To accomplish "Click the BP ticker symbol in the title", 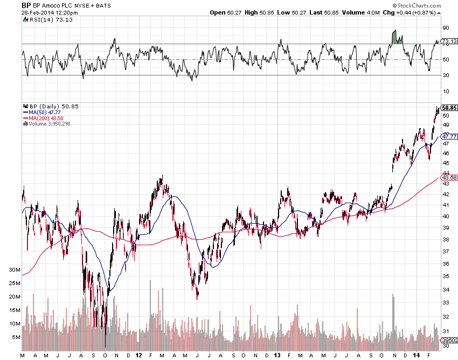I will click(26, 5).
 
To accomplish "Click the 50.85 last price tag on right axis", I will click(449, 108).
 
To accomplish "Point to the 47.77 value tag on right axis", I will click(449, 136).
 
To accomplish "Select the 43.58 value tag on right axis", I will click(449, 177).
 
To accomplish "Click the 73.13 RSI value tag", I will click(449, 41).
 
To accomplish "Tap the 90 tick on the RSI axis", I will click(446, 27).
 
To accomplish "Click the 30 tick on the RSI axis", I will click(446, 75).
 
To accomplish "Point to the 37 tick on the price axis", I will click(446, 252).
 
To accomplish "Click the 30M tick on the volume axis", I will click(15, 269).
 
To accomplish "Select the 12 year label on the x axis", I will click(139, 356).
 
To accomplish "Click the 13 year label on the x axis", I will click(277, 356).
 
